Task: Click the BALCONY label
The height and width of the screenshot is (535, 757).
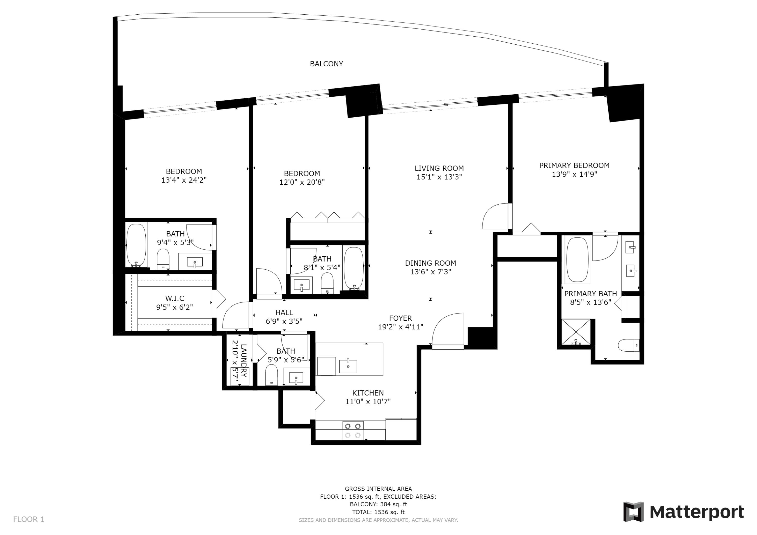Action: [327, 64]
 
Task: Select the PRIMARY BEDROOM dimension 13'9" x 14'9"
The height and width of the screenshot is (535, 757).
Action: [574, 174]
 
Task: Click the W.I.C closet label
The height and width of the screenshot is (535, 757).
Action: [175, 299]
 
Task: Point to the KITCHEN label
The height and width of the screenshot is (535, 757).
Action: [368, 393]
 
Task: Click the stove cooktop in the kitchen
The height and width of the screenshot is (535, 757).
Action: [353, 431]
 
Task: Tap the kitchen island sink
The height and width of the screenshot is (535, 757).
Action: [348, 366]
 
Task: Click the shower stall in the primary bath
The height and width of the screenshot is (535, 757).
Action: [576, 332]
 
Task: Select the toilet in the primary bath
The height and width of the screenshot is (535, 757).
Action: [628, 345]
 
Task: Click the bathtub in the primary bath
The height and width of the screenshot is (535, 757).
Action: [577, 260]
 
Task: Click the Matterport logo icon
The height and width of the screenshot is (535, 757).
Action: [633, 512]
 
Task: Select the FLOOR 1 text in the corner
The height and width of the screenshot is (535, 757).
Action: [29, 520]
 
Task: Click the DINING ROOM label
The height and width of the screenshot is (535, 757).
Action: [430, 263]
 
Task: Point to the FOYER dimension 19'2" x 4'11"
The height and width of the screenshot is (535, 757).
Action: [401, 327]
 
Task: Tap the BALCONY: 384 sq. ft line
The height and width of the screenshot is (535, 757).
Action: [379, 504]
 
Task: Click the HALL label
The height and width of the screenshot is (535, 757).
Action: [284, 313]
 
